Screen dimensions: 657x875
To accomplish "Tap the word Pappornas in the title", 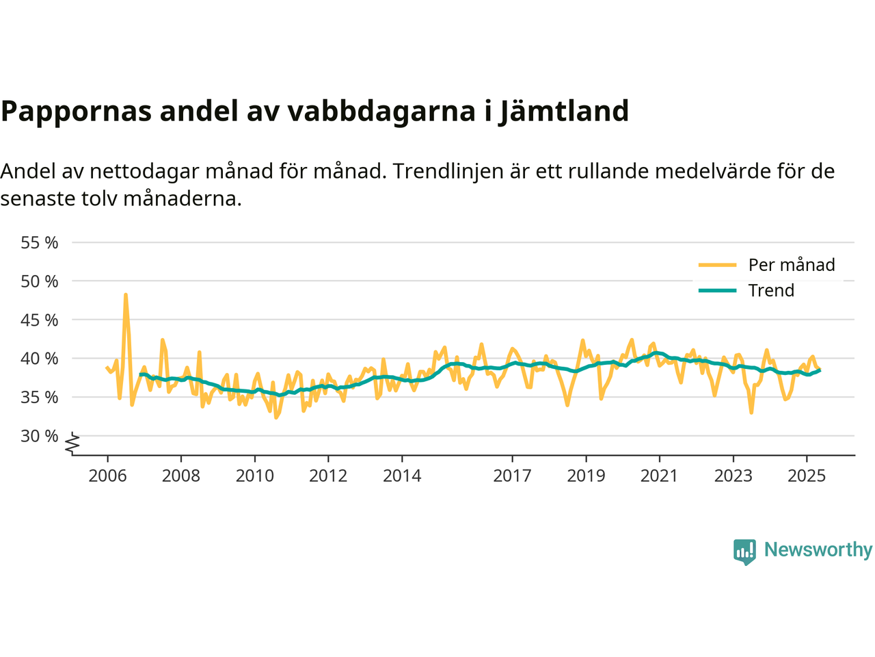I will (77, 111).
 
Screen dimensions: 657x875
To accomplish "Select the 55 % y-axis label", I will (40, 242).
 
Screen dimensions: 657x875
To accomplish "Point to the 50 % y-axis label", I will (40, 281).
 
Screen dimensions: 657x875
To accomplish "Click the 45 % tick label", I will (40, 320).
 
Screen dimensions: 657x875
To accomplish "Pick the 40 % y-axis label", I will (40, 359).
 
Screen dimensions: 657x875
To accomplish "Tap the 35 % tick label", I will (40, 397).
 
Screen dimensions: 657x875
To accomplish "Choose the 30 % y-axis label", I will (40, 436).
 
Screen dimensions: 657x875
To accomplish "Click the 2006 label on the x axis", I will (107, 476).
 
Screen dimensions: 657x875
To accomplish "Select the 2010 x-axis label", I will (255, 476).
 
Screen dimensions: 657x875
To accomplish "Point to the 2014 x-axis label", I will (402, 476).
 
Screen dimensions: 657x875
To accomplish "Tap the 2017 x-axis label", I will (512, 476).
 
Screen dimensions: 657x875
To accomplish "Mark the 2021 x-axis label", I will (660, 476).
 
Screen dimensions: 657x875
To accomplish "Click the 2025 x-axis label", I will (807, 476).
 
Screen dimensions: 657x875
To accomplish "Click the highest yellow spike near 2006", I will (126, 295).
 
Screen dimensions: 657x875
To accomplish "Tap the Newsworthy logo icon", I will (744, 551).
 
